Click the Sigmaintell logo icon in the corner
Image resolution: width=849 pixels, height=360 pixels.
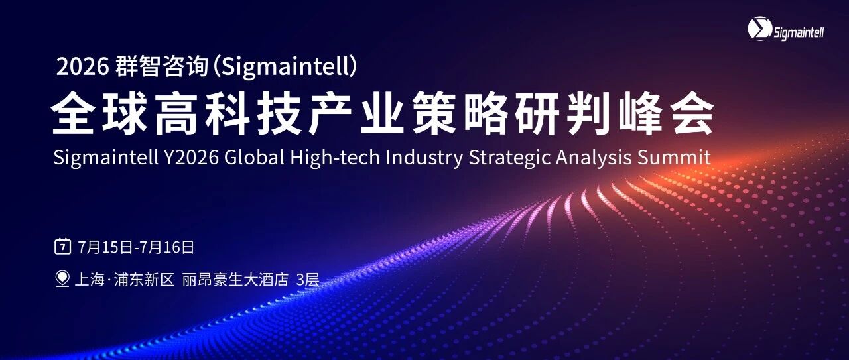tap(760, 29)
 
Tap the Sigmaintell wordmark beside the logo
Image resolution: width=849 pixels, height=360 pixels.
tap(799, 33)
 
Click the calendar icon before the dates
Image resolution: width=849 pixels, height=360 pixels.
tap(62, 247)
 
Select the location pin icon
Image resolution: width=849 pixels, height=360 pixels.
tap(62, 279)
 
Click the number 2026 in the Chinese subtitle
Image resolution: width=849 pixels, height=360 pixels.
tap(82, 67)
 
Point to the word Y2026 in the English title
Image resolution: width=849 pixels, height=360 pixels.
tap(192, 157)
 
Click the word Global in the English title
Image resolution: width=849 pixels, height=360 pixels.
tap(254, 157)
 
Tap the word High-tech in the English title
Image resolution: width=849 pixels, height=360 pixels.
tap(335, 157)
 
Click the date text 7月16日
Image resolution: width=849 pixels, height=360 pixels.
tap(166, 247)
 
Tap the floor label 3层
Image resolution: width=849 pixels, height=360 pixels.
tap(308, 280)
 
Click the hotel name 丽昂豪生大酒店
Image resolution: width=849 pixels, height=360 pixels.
tap(235, 280)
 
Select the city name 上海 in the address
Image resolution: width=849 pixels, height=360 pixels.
tap(90, 280)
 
